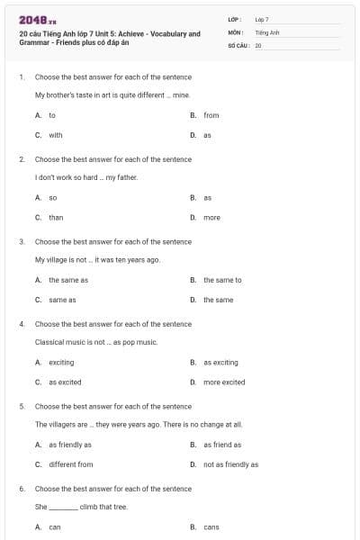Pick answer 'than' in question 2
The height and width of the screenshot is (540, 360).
[56, 217]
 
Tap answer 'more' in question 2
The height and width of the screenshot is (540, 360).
[211, 217]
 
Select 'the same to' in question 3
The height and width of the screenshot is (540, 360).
[222, 280]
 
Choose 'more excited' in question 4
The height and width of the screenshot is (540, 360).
[224, 382]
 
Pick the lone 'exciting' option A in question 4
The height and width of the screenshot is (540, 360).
[61, 362]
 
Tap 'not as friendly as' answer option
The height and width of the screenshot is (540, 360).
[230, 464]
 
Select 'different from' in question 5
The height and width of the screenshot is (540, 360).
[70, 464]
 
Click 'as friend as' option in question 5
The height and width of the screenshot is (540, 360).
[222, 445]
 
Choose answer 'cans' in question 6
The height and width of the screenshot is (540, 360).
[211, 526]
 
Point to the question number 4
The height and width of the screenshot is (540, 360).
[22, 324]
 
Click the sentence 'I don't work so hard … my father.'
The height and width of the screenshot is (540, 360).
[86, 177]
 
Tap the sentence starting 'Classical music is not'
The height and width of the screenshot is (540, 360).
[96, 342]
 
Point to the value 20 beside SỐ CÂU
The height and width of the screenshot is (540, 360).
[258, 44]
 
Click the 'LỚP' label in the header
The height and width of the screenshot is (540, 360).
[235, 19]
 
